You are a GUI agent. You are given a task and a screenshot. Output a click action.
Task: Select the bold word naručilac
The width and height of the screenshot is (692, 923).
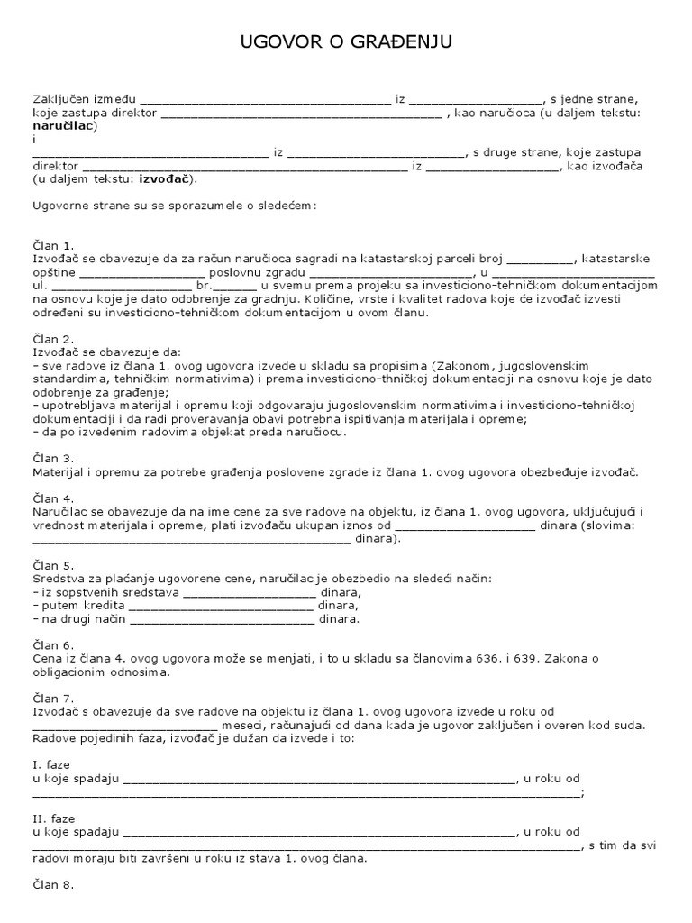[x=65, y=127]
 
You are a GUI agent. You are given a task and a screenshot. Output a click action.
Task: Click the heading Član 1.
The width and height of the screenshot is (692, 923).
[x=53, y=245]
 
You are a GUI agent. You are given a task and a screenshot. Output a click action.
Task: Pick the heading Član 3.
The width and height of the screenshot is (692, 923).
[x=53, y=459]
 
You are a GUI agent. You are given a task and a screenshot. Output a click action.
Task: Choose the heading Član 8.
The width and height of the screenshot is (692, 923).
[x=53, y=885]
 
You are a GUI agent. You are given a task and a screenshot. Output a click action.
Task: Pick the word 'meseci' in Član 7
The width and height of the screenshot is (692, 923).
[x=241, y=726]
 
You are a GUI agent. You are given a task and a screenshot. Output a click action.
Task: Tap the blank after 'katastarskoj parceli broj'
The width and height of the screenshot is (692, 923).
[x=533, y=259]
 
